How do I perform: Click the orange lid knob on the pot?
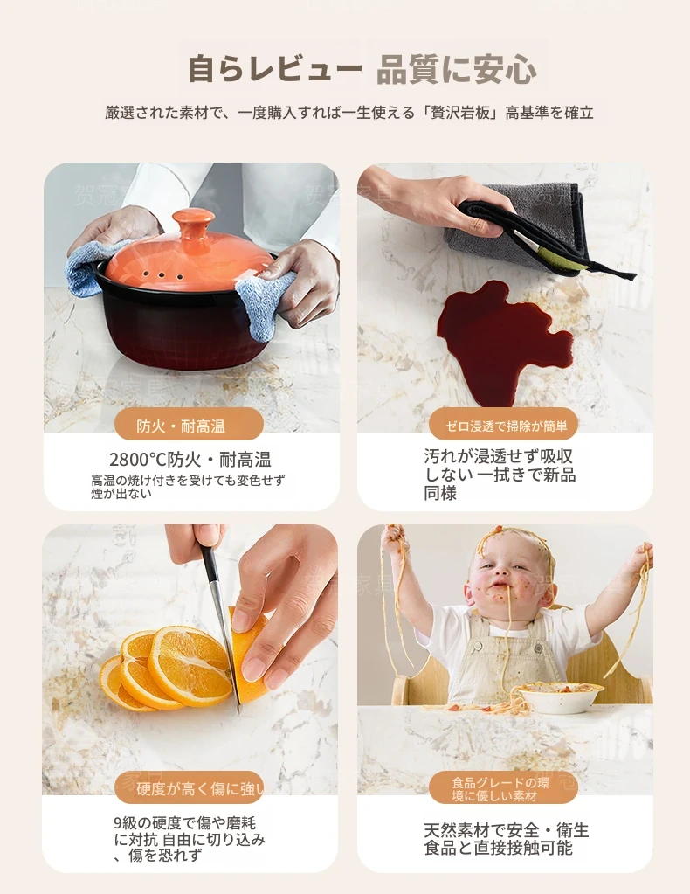point(193,225)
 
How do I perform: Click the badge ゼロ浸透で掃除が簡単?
point(504,425)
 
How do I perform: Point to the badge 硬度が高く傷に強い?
point(189,788)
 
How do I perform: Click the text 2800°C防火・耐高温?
point(190,460)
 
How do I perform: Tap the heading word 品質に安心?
point(457,70)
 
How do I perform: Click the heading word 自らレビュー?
point(274,70)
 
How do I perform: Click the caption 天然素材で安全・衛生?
point(506,829)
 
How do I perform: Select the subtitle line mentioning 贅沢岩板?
point(349,113)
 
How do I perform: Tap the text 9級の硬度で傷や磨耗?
point(185,822)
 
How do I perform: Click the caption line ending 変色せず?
point(188,481)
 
